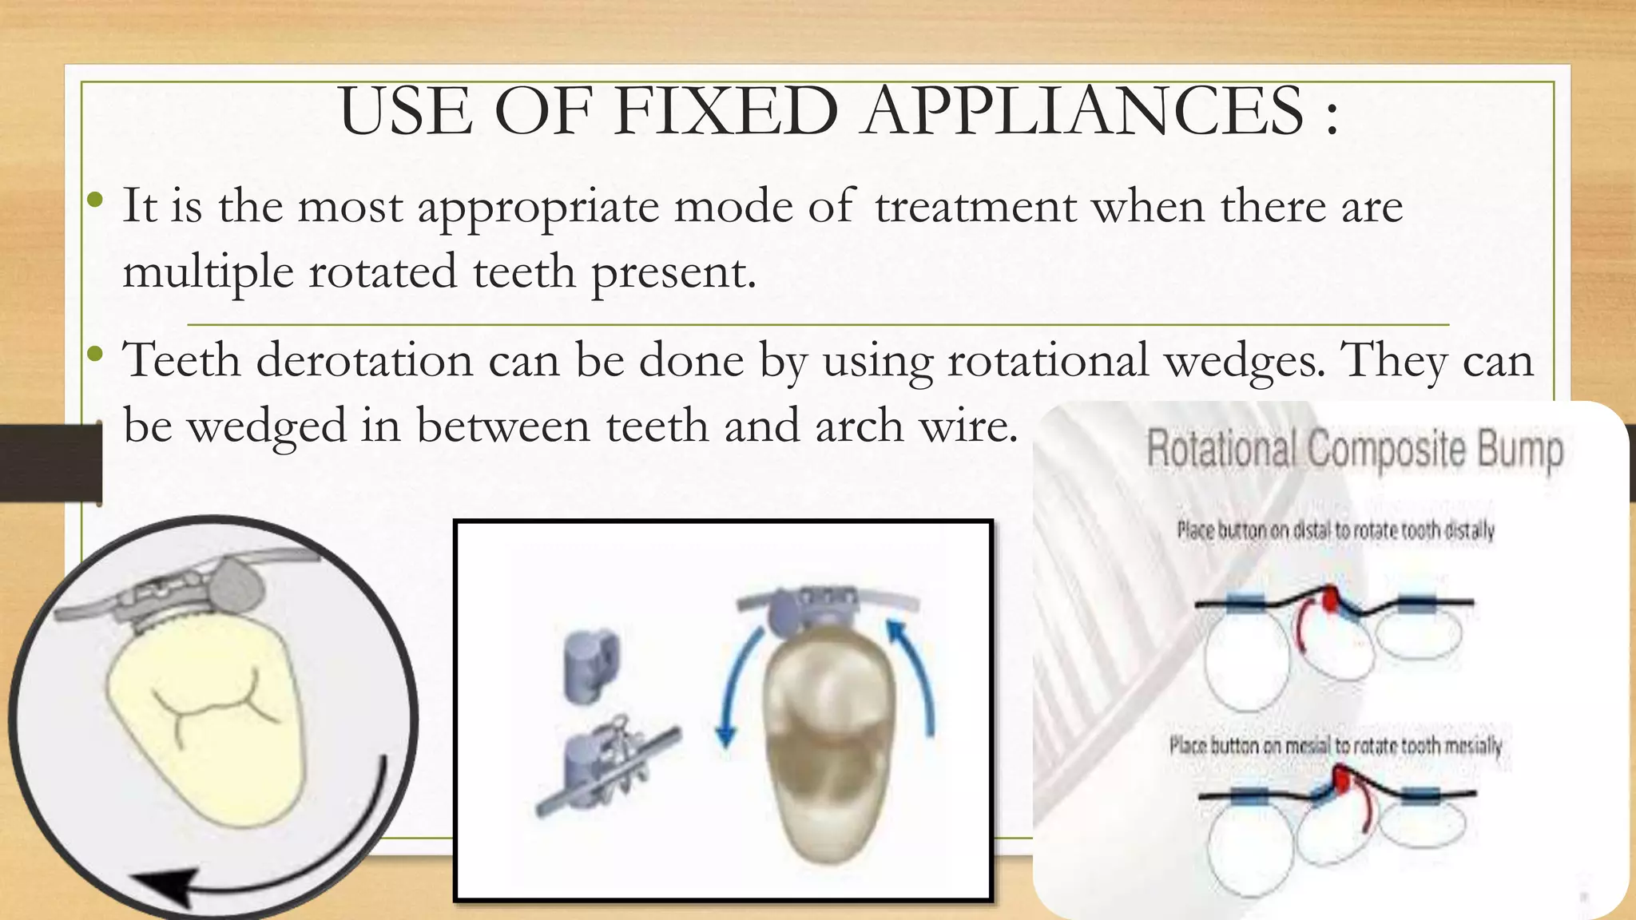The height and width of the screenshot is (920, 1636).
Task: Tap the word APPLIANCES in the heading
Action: click(x=1084, y=111)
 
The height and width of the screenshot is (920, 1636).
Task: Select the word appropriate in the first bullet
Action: click(x=538, y=208)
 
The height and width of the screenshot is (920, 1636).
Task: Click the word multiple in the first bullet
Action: click(x=208, y=272)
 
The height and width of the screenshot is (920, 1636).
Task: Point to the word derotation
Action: click(x=364, y=360)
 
